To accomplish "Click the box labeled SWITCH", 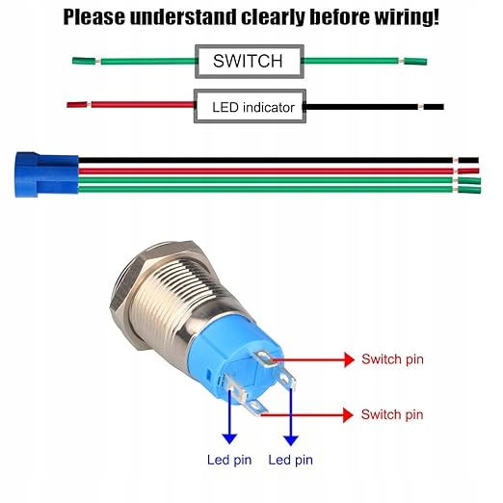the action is [250, 62].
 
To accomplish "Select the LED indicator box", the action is [250, 106].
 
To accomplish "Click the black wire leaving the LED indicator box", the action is [374, 107].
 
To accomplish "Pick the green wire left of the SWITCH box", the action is [134, 61].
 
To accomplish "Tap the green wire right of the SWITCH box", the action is [365, 61].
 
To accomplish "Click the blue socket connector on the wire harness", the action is [46, 174].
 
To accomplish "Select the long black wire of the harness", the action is [278, 160].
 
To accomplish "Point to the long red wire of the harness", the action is [278, 171].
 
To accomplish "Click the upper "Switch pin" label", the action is [392, 359].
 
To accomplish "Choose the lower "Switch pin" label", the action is [392, 414].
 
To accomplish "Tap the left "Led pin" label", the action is [229, 460].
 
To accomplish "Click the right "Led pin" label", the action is [291, 460].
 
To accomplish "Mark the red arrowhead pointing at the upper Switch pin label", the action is [349, 359].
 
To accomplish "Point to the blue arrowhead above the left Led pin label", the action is [229, 438].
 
